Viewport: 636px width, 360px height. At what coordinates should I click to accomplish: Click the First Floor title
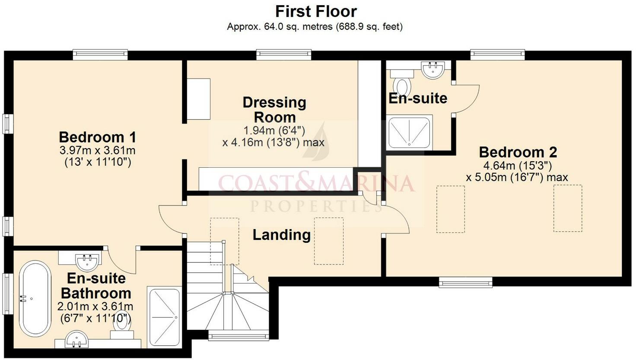[316, 12]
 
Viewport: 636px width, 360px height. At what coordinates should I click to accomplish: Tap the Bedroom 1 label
[97, 137]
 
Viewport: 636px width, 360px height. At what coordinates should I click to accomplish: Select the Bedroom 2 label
[518, 152]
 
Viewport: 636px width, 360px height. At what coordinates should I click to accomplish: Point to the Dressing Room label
[274, 110]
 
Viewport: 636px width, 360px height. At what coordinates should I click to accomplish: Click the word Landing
[282, 235]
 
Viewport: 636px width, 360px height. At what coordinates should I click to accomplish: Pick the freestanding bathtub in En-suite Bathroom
[35, 299]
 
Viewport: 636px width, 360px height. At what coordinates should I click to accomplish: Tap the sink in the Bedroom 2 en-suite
[433, 70]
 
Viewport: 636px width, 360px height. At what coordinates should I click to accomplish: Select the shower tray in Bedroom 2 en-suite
[409, 132]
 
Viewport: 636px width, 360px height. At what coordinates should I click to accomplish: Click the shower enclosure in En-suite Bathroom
[164, 317]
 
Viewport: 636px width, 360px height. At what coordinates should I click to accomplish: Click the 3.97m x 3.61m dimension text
[97, 150]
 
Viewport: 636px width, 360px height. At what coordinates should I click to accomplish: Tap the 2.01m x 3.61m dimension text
[95, 306]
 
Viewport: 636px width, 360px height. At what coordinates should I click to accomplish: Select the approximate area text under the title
[315, 27]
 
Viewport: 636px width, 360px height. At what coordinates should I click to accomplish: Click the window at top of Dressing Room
[283, 55]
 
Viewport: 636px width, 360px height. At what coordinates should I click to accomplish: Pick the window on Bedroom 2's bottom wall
[466, 282]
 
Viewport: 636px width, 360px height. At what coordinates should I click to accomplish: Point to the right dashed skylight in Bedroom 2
[568, 208]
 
